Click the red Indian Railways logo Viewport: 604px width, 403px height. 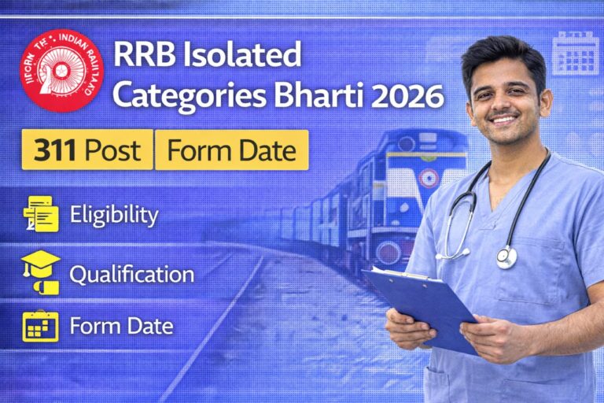pos(62,70)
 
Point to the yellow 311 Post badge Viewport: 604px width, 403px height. pos(87,150)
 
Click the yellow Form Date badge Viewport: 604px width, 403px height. pos(231,150)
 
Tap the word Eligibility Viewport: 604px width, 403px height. pos(114,215)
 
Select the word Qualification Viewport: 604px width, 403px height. pos(131,275)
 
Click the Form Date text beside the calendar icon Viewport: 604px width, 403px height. pos(121,325)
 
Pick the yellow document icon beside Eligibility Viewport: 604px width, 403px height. pos(41,214)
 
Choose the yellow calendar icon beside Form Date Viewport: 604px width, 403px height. pos(41,325)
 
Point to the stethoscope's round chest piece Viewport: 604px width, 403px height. pos(506,257)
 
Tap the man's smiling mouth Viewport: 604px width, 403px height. pos(504,120)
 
